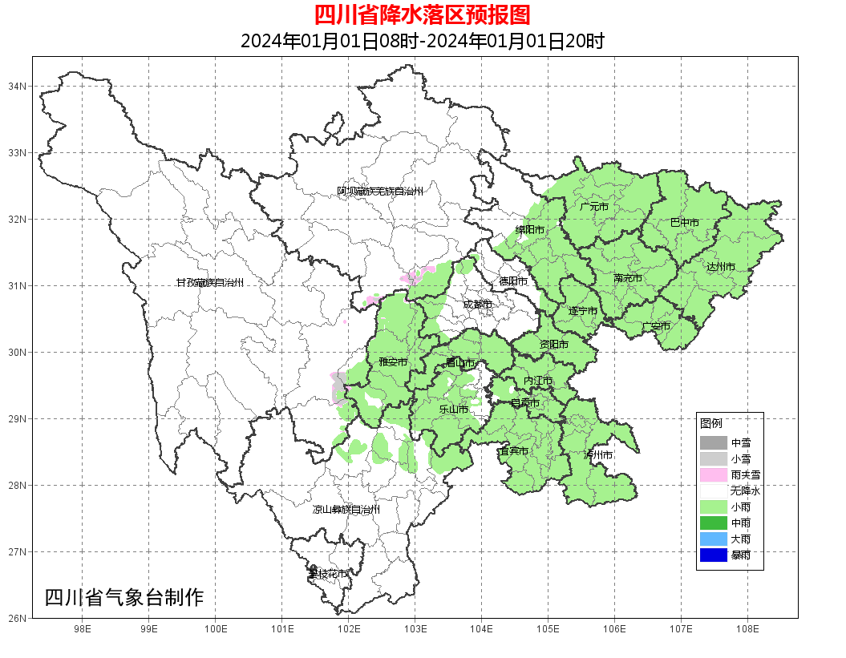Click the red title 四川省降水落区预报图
click(x=422, y=15)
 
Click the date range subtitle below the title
click(x=422, y=41)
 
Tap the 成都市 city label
click(x=477, y=305)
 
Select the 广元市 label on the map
click(x=594, y=207)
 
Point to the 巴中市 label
click(x=684, y=223)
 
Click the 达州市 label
click(x=720, y=266)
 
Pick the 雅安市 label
click(x=393, y=362)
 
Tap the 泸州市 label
click(x=598, y=454)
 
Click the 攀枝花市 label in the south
click(x=328, y=574)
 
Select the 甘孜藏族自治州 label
click(x=209, y=283)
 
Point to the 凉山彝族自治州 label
click(x=346, y=510)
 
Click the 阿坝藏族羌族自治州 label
click(x=379, y=192)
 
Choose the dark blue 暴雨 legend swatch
click(x=713, y=555)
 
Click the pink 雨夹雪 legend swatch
click(x=713, y=475)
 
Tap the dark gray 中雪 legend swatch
click(x=713, y=443)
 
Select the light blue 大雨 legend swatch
click(x=713, y=539)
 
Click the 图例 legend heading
click(x=710, y=423)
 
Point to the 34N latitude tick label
click(x=18, y=86)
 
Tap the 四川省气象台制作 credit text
click(x=124, y=598)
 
